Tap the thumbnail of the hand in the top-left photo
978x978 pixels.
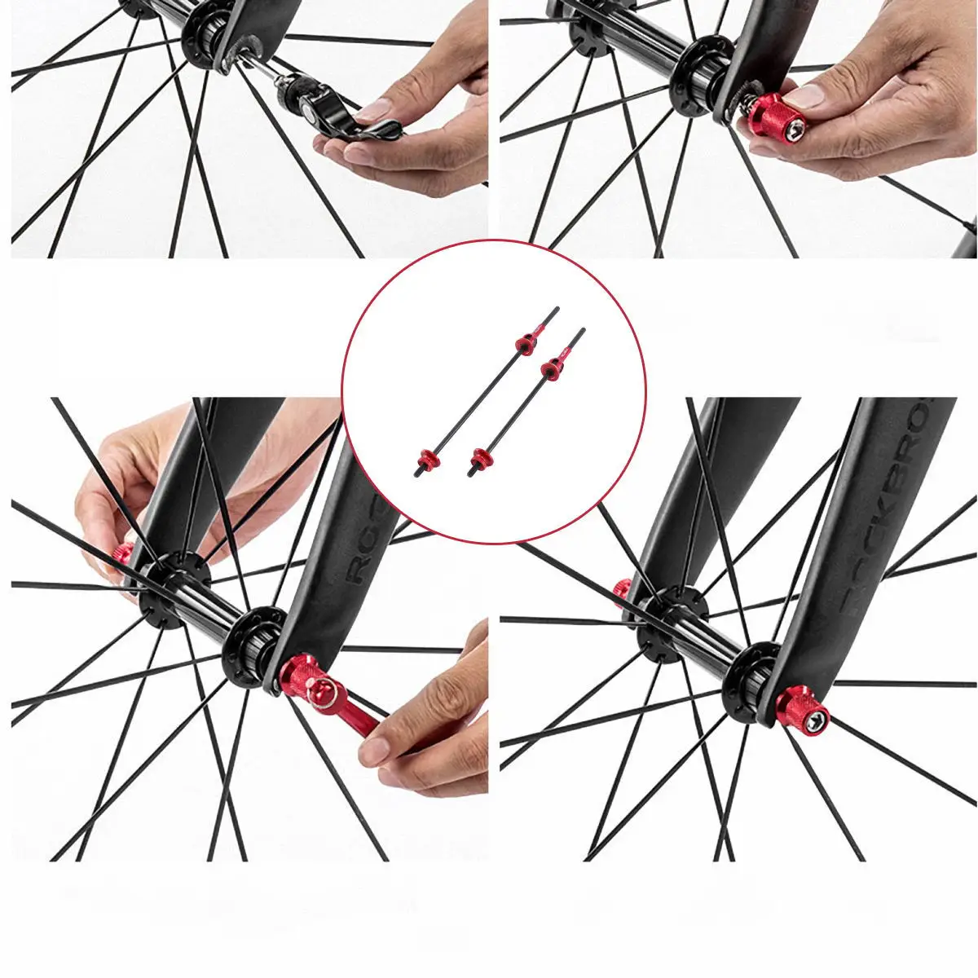coord(376,109)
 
